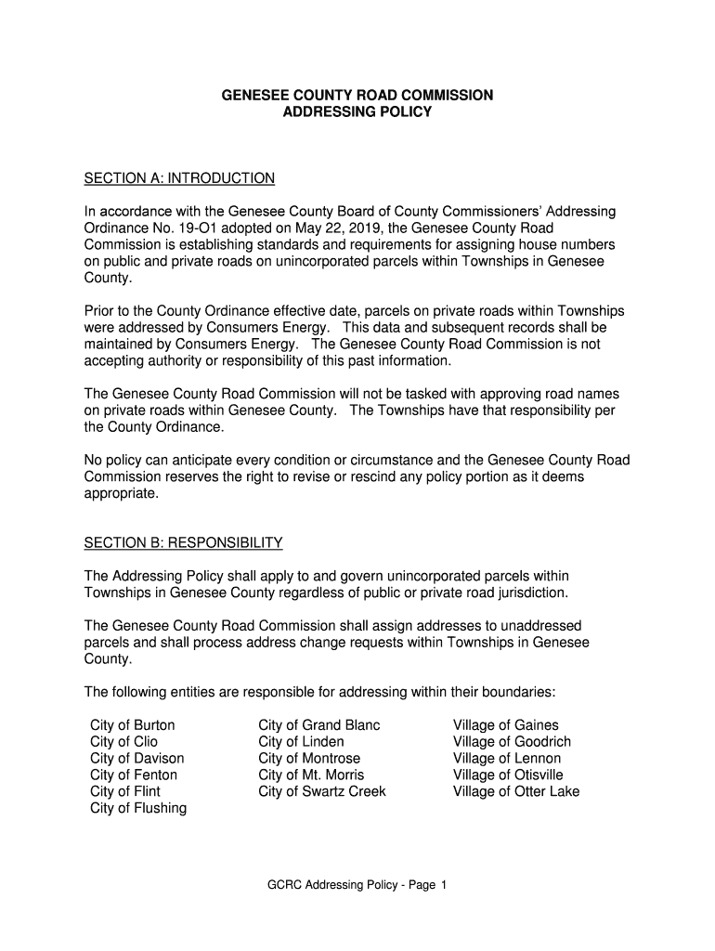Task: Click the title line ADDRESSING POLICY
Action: pos(357,111)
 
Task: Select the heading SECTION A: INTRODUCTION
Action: pos(179,177)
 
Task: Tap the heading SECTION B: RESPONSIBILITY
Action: pos(183,542)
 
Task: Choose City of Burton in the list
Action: pos(132,725)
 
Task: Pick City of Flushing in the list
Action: pos(137,809)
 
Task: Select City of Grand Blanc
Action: pos(318,725)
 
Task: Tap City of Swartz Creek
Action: pos(321,792)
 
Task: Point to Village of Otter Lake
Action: pos(515,792)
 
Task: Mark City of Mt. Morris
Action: pos(311,775)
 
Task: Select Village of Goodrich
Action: pos(512,742)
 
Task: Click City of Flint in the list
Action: pos(124,792)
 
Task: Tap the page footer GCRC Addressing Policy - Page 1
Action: pos(357,885)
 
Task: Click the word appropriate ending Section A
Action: pos(121,494)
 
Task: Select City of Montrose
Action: pos(309,759)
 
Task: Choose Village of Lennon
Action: pos(507,759)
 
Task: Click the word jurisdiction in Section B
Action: pos(528,593)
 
